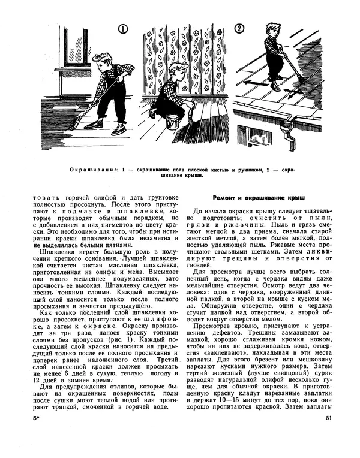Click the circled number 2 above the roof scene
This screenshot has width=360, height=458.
tap(239, 29)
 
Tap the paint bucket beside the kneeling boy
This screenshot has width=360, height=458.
tap(172, 121)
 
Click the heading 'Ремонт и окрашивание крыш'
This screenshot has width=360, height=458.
tap(259, 197)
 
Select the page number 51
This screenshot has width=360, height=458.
tap(328, 435)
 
